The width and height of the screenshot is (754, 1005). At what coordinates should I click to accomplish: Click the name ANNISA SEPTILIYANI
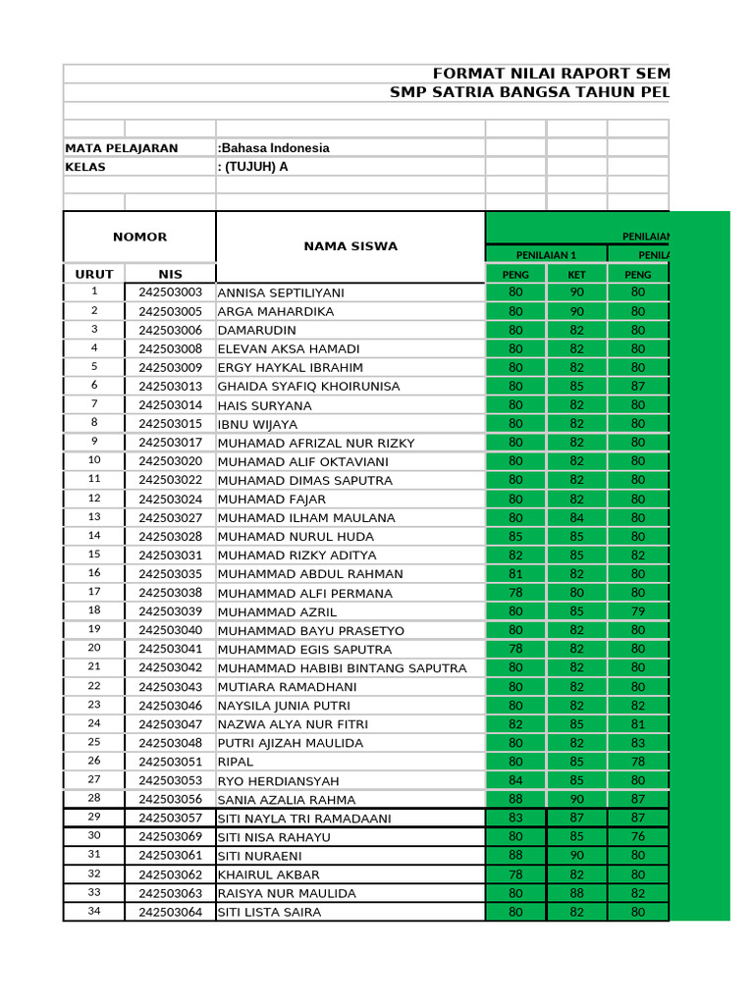click(281, 292)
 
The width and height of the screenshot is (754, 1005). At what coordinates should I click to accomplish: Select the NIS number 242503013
click(170, 387)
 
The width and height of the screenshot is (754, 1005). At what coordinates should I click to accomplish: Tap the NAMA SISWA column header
click(350, 246)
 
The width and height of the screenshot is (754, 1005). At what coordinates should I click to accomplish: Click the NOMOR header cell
click(139, 237)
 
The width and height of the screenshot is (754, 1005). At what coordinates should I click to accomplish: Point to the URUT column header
click(94, 274)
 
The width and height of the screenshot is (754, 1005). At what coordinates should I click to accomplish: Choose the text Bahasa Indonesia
click(275, 148)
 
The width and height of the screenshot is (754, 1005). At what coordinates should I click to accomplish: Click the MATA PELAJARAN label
click(122, 148)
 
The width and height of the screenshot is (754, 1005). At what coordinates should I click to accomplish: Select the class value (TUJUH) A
click(255, 167)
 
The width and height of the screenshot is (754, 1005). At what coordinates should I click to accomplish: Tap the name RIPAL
click(236, 762)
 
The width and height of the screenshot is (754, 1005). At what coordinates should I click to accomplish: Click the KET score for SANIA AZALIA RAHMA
click(576, 800)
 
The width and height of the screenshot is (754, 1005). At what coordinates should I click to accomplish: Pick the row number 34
click(94, 912)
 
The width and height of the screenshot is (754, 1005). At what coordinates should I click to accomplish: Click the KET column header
click(576, 274)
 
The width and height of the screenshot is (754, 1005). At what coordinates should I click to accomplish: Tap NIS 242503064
click(170, 913)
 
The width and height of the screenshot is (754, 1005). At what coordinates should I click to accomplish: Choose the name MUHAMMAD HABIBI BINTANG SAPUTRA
click(342, 668)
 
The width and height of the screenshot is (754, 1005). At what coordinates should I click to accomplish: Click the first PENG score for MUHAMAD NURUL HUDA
click(515, 537)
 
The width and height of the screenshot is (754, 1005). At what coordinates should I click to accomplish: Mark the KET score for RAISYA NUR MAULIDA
click(576, 894)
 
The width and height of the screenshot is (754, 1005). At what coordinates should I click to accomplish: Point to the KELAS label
click(85, 167)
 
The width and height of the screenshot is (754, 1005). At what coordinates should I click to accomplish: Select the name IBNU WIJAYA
click(257, 424)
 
